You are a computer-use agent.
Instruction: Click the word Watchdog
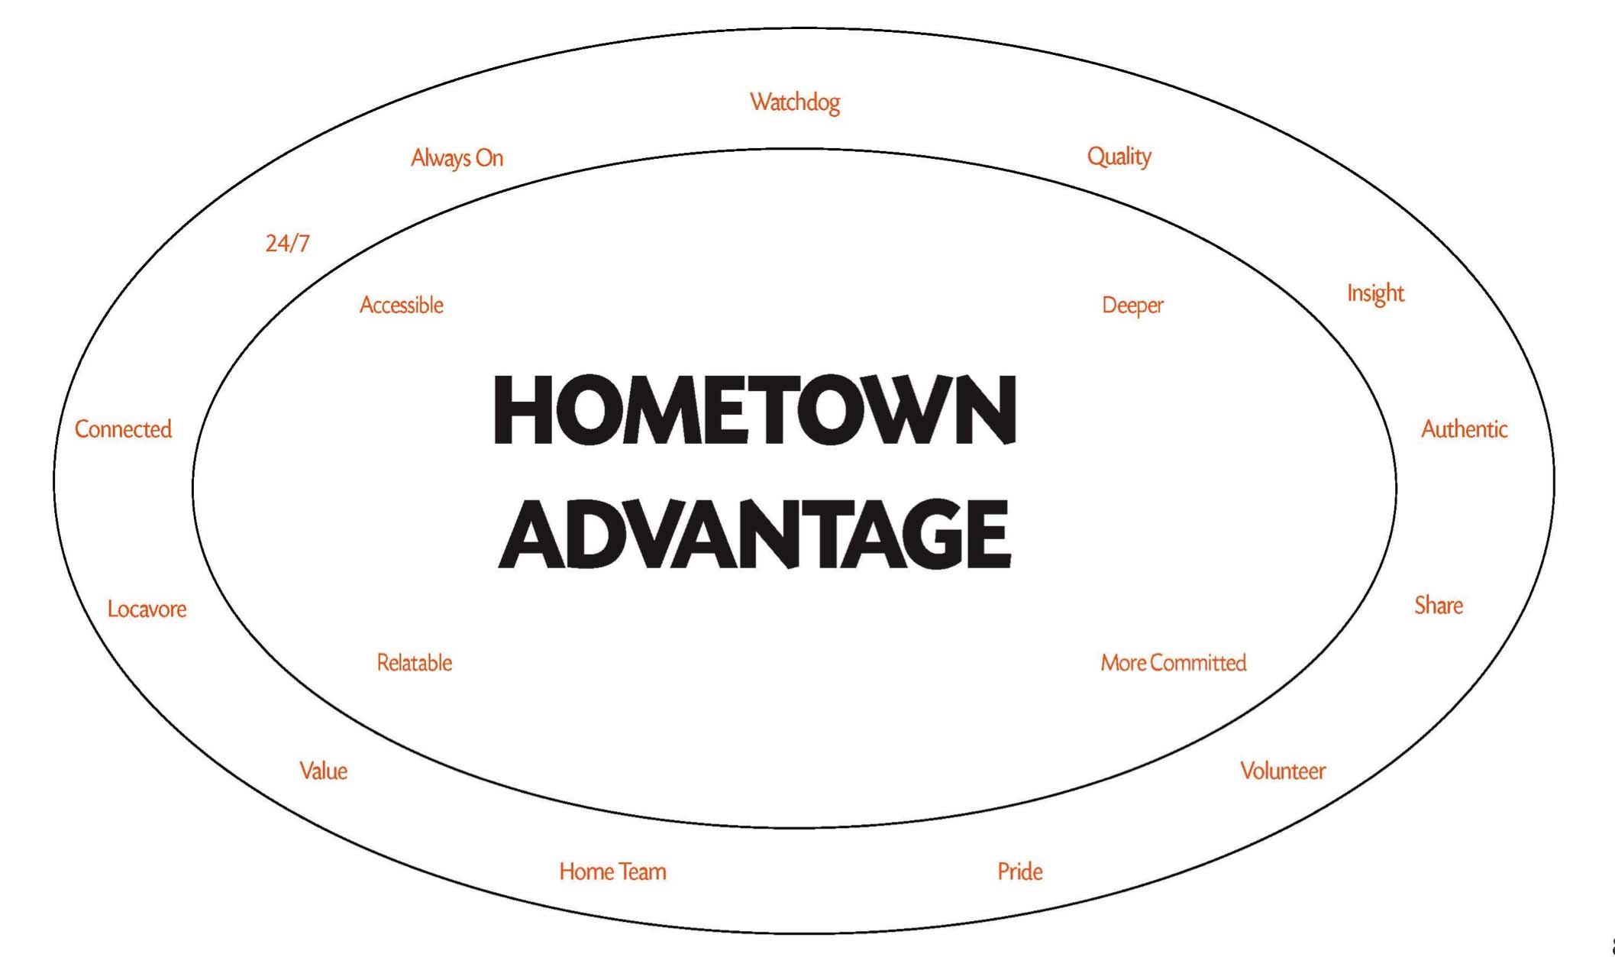pyautogui.click(x=795, y=102)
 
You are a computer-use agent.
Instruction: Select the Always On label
pyautogui.click(x=457, y=158)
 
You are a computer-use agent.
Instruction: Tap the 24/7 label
pyautogui.click(x=287, y=243)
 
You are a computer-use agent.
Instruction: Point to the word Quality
pyautogui.click(x=1119, y=157)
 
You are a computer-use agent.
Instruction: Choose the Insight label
pyautogui.click(x=1375, y=293)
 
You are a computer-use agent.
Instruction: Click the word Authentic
pyautogui.click(x=1464, y=429)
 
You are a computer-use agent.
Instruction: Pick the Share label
pyautogui.click(x=1439, y=606)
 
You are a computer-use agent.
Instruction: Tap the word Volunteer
pyautogui.click(x=1283, y=771)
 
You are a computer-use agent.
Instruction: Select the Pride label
pyautogui.click(x=1020, y=871)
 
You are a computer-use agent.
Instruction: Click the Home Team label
pyautogui.click(x=612, y=871)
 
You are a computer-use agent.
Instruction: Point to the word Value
pyautogui.click(x=323, y=771)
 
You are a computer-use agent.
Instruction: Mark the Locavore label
pyautogui.click(x=147, y=609)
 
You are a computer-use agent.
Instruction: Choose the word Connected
pyautogui.click(x=123, y=429)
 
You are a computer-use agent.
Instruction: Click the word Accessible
pyautogui.click(x=402, y=306)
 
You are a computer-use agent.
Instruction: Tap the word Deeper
pyautogui.click(x=1132, y=306)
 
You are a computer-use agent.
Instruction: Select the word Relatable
pyautogui.click(x=415, y=663)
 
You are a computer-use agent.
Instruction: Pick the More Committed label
pyautogui.click(x=1174, y=663)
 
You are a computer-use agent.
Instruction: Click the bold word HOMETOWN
pyautogui.click(x=755, y=410)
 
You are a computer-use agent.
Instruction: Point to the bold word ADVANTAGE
pyautogui.click(x=755, y=534)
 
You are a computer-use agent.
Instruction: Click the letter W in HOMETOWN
pyautogui.click(x=900, y=410)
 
